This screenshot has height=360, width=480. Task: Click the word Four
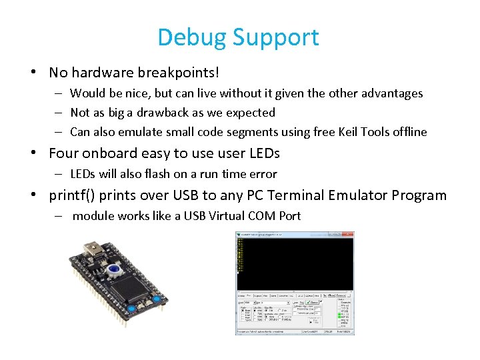[x=64, y=153]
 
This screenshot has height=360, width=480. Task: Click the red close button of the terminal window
[x=351, y=234]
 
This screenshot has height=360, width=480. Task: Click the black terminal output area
[x=293, y=263]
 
